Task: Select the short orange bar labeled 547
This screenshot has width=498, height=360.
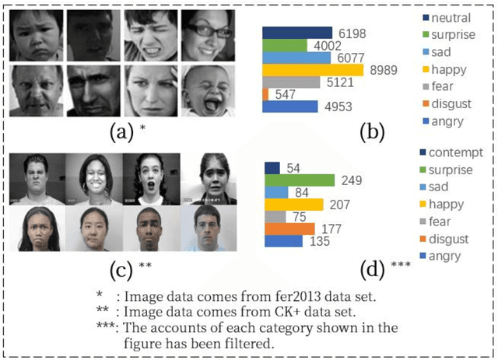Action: click(265, 94)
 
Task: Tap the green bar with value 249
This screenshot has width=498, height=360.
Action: click(299, 180)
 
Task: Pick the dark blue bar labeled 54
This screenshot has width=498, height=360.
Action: click(272, 168)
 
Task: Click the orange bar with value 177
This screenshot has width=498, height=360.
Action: click(289, 229)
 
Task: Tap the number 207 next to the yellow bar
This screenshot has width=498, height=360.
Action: click(341, 204)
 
